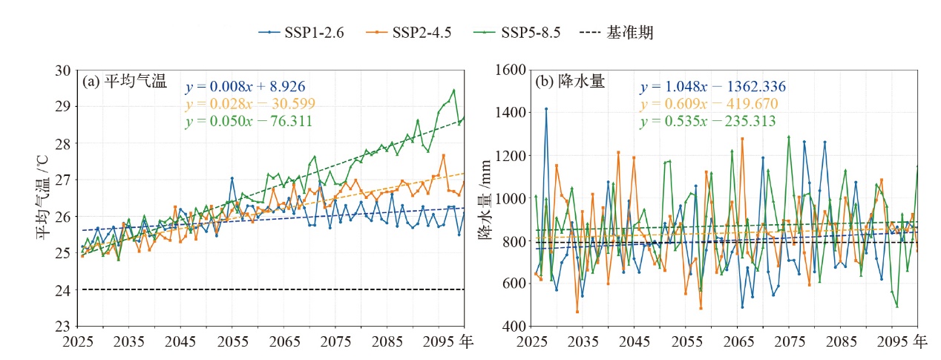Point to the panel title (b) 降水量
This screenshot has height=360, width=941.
point(570,81)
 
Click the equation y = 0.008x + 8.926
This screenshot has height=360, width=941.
point(245,87)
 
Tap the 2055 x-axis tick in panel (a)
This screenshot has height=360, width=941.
point(232,342)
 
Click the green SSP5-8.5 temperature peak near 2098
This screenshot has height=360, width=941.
point(453,91)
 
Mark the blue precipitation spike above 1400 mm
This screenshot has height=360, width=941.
point(546,108)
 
